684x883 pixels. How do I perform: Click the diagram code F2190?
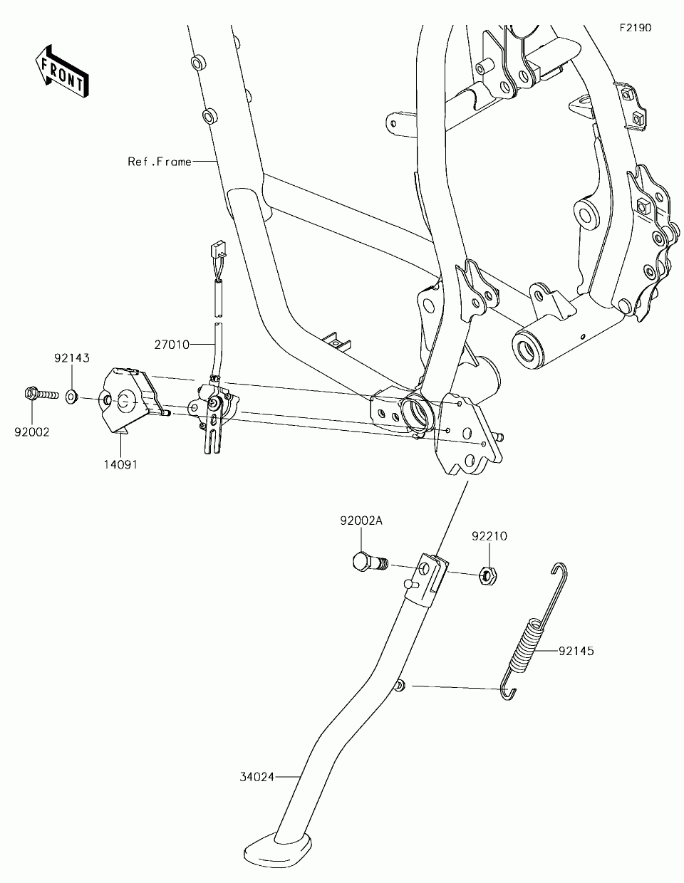(x=635, y=28)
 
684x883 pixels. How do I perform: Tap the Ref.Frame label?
(x=160, y=162)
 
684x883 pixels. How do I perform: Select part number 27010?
(x=172, y=345)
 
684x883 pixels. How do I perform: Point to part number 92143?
(x=72, y=358)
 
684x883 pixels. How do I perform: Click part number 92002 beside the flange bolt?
(x=33, y=432)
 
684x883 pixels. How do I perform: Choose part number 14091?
(x=120, y=464)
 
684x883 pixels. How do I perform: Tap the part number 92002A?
(x=361, y=521)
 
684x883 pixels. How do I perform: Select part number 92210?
(x=488, y=536)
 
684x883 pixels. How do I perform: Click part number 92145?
(x=576, y=650)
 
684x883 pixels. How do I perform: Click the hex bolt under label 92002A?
(x=368, y=562)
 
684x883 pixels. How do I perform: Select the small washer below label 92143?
(x=72, y=395)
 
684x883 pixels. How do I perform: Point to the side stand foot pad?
(x=278, y=851)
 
